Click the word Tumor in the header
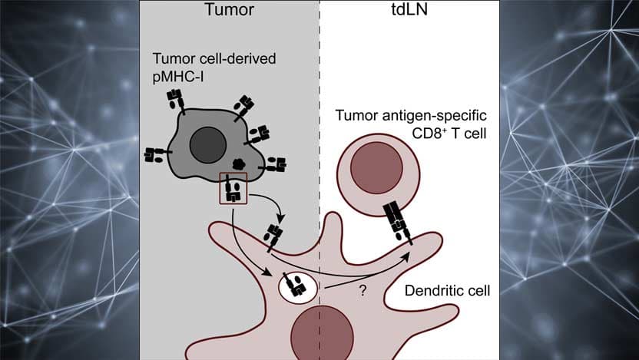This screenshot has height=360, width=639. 229,12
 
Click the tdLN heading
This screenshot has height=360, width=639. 407,12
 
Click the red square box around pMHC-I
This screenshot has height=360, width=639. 233,188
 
